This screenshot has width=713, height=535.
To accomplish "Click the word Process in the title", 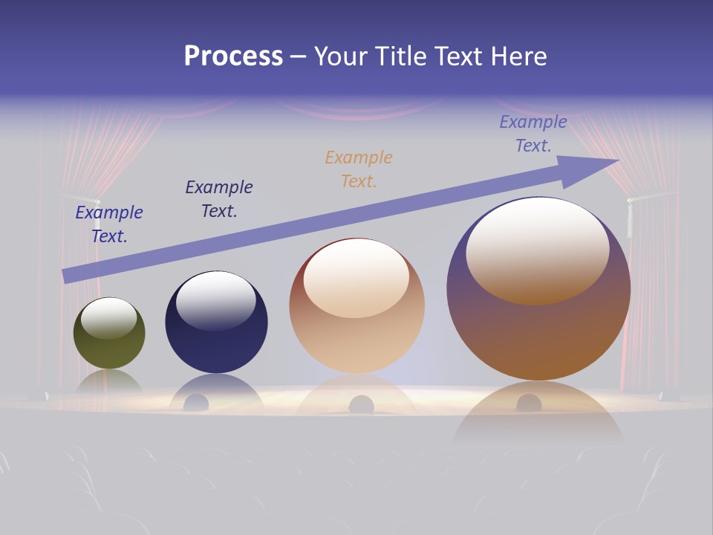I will (233, 56).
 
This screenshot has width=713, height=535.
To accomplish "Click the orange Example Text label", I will (359, 169).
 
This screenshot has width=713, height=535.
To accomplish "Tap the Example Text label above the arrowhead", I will (533, 134).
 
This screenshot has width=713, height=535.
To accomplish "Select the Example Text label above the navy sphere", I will (219, 199).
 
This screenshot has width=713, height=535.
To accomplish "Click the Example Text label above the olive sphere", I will (109, 224).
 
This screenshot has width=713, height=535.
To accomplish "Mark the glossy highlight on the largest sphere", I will (537, 249).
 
